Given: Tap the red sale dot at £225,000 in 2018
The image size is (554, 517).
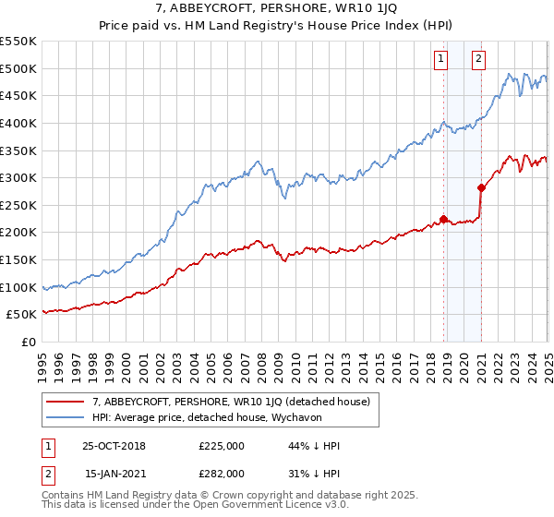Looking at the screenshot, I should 443,219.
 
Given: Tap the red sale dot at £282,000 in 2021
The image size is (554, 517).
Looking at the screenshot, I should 481,187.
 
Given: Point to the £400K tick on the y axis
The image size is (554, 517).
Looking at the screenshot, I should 18,123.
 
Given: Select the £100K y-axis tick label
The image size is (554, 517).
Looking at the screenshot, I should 18,287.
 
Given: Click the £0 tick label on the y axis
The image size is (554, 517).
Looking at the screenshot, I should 28,342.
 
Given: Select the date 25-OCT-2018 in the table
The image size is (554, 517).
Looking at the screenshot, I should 114,446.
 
